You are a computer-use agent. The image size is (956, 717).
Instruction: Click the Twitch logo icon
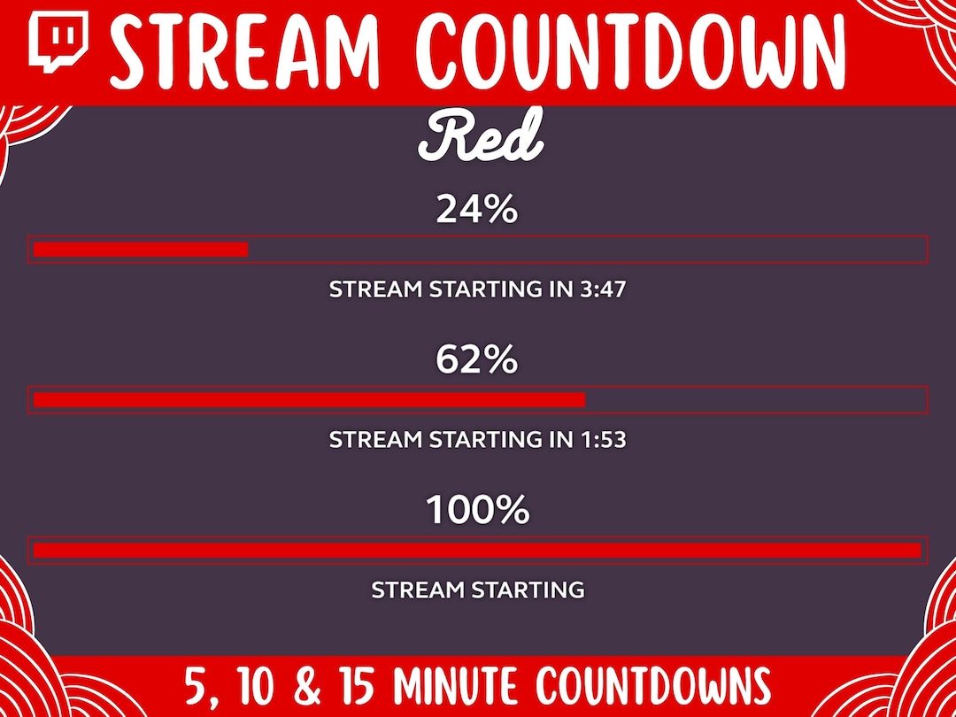[58, 42]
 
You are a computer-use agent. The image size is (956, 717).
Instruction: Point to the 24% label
[476, 211]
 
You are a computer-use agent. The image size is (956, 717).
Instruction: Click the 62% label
[476, 360]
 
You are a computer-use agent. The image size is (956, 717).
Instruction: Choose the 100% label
[477, 511]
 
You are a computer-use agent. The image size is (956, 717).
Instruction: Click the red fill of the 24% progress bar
[141, 250]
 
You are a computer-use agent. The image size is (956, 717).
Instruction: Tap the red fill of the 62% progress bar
[309, 399]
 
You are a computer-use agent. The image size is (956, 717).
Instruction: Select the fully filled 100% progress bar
[477, 550]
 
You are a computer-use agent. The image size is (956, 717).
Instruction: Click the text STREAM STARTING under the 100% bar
[477, 590]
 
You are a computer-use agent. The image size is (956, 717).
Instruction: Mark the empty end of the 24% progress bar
[584, 250]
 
